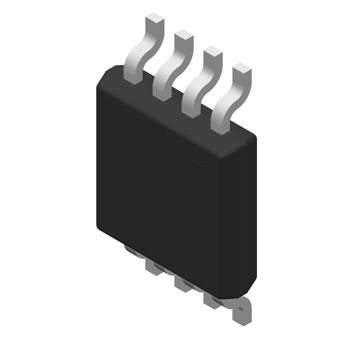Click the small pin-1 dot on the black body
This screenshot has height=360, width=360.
[x=201, y=160]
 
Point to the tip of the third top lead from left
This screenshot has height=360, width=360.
[x=212, y=53]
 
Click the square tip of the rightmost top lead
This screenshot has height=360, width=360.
[x=242, y=70]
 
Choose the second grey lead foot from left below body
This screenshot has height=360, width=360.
[x=153, y=267]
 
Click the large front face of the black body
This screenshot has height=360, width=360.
[x=157, y=180]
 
